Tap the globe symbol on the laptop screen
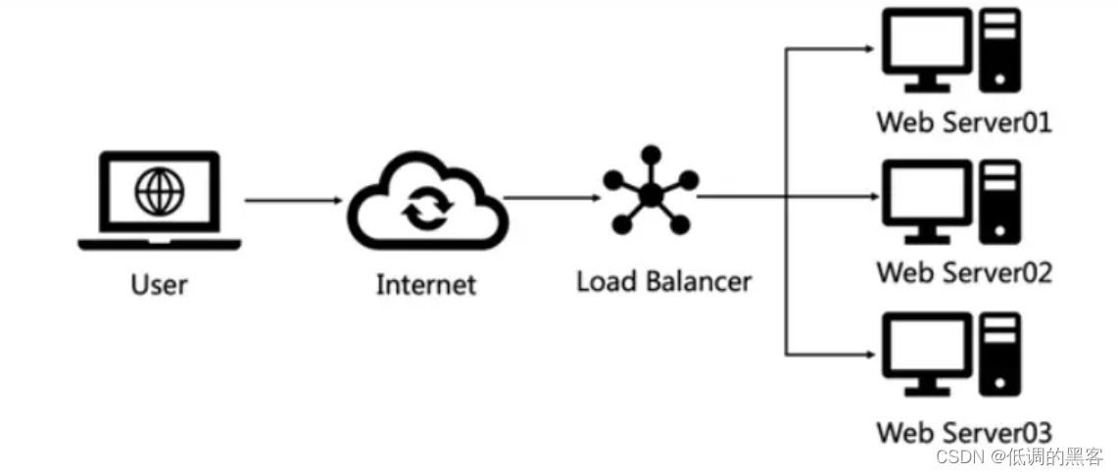coord(159,190)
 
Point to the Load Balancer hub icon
coord(650,190)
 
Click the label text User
coord(159,285)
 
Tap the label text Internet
coord(425,285)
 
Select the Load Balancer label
coord(663,283)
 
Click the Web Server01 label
coord(963,123)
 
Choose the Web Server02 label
coord(963,272)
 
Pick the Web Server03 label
coord(963,432)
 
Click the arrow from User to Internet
coord(292,200)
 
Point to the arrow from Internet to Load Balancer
coord(552,198)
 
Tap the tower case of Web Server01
coord(1001,49)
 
